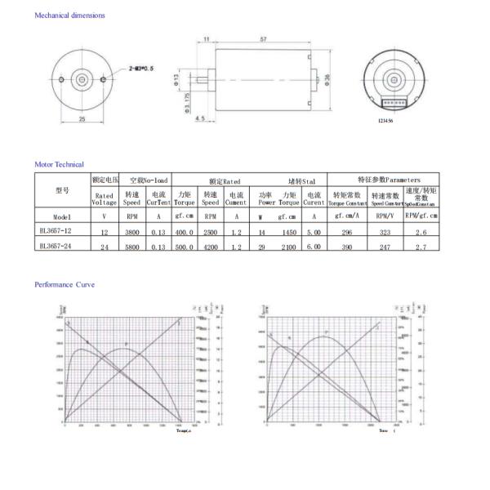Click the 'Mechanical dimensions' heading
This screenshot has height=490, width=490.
[x=69, y=16]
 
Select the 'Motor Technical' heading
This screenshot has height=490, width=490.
[x=59, y=164]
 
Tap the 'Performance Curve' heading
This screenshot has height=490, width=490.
[x=64, y=284]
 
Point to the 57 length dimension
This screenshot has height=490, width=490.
[x=262, y=39]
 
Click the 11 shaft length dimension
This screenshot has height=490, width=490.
[x=206, y=39]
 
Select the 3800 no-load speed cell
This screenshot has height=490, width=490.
[x=131, y=232]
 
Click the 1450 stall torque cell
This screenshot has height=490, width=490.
[x=288, y=232]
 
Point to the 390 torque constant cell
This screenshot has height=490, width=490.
[x=347, y=246]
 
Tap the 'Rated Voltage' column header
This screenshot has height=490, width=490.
[x=104, y=198]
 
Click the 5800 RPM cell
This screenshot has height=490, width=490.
[x=131, y=246]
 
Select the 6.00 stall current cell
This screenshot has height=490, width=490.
[x=314, y=246]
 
